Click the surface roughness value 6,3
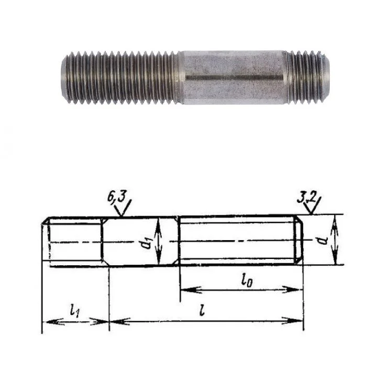(117, 197)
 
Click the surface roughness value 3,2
(306, 198)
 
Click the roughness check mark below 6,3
(123, 208)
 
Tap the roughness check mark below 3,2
(313, 206)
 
